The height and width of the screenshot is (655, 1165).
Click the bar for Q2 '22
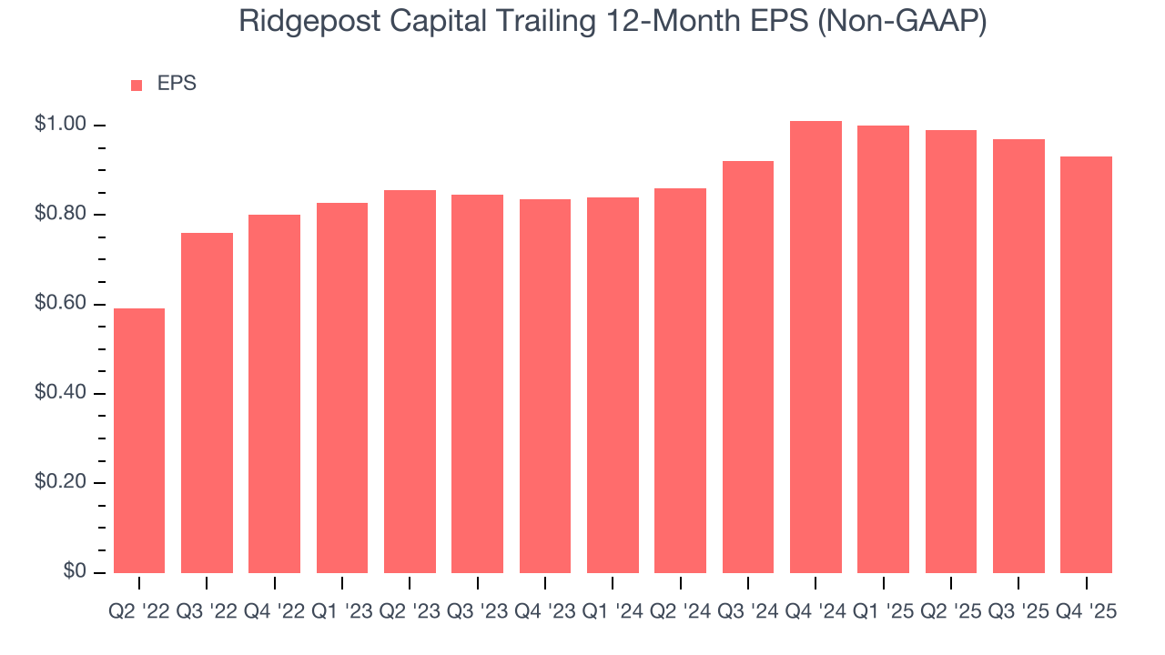(x=139, y=440)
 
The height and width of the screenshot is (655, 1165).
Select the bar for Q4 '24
(x=815, y=347)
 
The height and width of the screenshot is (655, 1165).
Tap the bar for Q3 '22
(x=207, y=402)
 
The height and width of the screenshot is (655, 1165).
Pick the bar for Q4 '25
(x=1086, y=364)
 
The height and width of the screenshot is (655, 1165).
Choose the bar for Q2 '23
(x=410, y=381)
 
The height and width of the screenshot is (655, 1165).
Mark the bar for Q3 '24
(x=748, y=367)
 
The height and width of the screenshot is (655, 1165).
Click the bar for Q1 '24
(x=613, y=385)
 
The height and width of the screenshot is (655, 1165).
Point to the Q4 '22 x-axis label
(x=275, y=612)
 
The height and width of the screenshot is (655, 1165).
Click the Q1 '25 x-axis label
(x=883, y=612)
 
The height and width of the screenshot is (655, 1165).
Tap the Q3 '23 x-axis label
(x=478, y=612)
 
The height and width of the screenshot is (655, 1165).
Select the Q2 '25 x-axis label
(x=951, y=612)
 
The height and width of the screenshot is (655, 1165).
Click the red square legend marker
(x=137, y=85)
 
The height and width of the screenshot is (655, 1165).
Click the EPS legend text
(x=177, y=84)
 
